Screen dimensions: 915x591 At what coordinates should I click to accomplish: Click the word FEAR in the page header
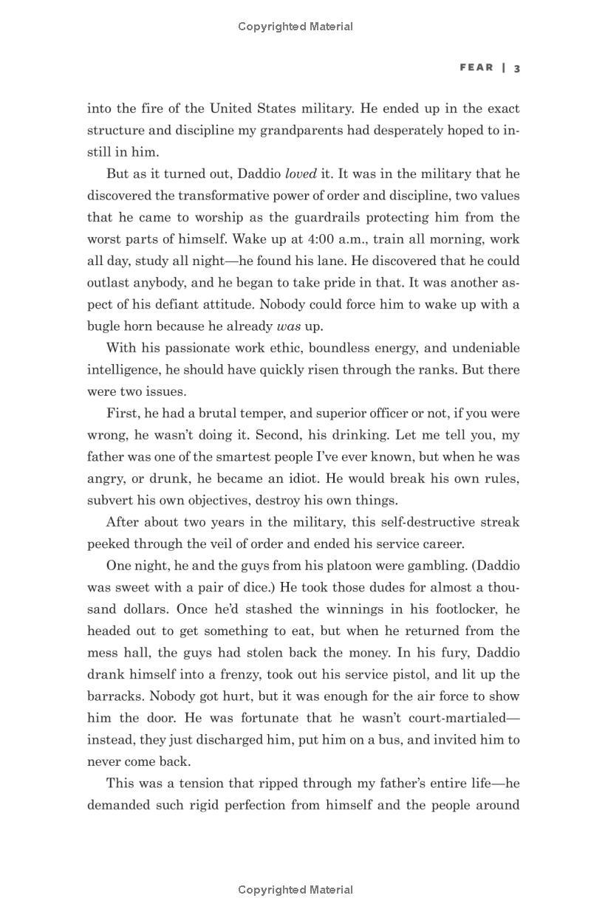pos(476,67)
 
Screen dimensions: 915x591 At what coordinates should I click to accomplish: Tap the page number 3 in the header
pos(517,68)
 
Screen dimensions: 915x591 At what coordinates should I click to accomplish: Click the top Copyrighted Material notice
pos(295,27)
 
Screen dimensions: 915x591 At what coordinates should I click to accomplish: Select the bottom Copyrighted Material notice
pos(295,890)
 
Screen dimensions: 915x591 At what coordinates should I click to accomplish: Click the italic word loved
pos(301,174)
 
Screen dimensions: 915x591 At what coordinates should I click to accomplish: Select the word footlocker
pos(461,609)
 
